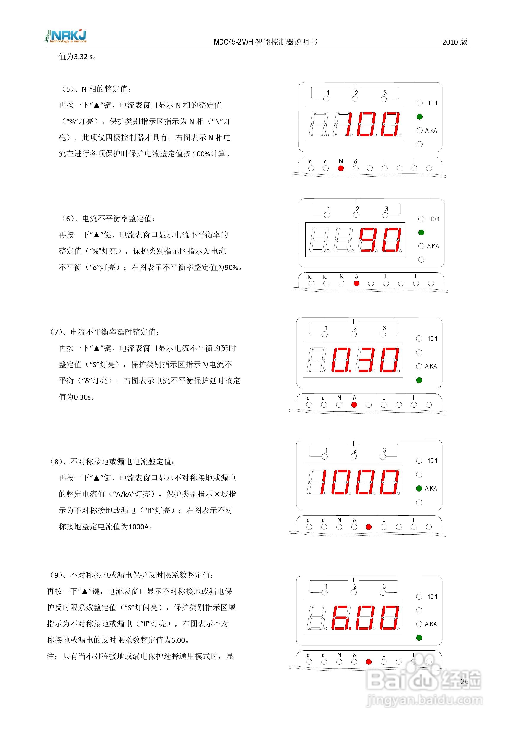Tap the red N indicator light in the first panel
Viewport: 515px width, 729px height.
tap(341, 168)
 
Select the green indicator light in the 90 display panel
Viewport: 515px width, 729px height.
tap(421, 232)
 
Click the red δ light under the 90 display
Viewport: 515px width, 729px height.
tap(356, 283)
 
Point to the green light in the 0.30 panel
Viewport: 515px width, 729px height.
tap(419, 380)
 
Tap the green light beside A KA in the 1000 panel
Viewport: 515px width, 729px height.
tap(419, 488)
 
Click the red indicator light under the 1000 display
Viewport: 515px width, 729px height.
tap(369, 527)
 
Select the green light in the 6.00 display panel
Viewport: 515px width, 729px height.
tap(419, 638)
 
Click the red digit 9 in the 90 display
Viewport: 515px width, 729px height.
tap(368, 240)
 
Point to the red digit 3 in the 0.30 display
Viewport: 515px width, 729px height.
tap(365, 360)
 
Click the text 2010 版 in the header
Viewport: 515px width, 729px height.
tap(455, 42)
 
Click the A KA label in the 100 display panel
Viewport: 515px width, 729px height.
tap(431, 131)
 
